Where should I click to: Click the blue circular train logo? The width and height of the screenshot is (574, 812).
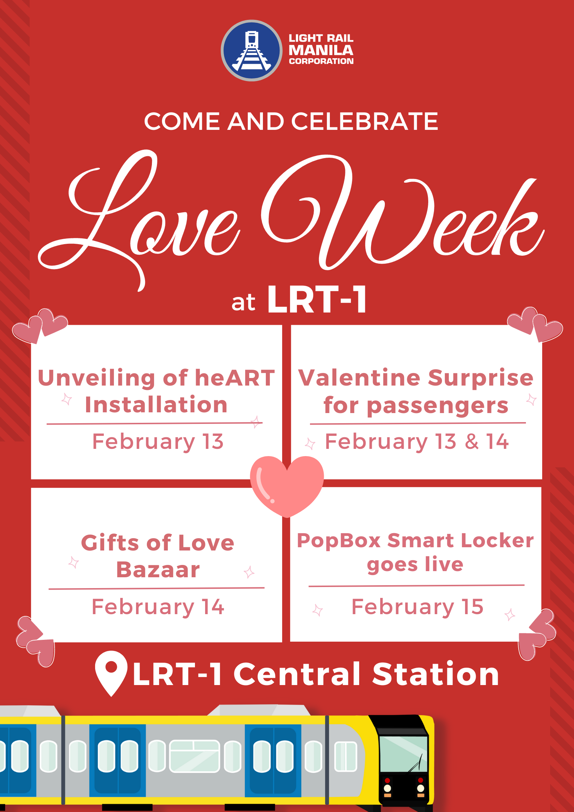click(252, 51)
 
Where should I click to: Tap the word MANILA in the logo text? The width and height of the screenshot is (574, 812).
click(320, 50)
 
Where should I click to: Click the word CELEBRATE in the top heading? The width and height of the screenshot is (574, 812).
click(365, 121)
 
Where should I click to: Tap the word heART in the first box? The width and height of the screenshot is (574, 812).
click(235, 378)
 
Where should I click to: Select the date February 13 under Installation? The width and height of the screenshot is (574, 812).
click(158, 442)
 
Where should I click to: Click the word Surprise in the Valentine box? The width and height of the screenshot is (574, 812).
click(481, 378)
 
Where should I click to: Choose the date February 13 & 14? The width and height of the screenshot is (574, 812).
click(417, 442)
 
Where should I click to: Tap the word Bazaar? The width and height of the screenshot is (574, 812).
click(158, 570)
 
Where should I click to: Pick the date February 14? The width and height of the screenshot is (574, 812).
click(158, 607)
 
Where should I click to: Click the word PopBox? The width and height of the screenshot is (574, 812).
click(339, 541)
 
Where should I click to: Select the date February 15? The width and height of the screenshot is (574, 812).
click(417, 607)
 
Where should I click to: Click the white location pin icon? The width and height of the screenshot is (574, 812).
click(111, 671)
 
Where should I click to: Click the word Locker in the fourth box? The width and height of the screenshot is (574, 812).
click(497, 541)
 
